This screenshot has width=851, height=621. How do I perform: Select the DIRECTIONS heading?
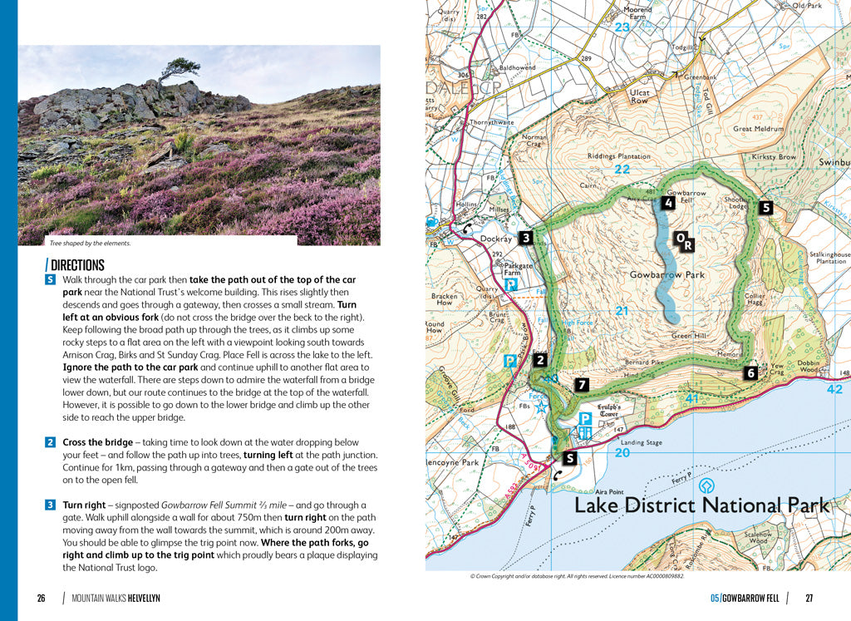coord(76,265)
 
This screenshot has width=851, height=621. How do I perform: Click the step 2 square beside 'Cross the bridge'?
coord(50,442)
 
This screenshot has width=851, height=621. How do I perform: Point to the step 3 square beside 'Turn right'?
coord(50,505)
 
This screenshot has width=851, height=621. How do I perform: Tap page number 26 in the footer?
coord(41,598)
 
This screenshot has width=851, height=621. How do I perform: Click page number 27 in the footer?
coord(809,598)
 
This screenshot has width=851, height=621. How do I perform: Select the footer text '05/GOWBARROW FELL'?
coord(744,598)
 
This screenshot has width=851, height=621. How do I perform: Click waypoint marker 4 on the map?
coord(668,202)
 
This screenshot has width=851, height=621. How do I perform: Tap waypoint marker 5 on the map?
coord(765,208)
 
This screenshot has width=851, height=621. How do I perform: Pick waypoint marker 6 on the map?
coord(750,373)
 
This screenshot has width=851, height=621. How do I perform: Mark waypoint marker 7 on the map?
coord(582,384)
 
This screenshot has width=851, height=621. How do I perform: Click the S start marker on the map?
coord(569,457)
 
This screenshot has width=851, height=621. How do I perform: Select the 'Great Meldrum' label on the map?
coord(758,129)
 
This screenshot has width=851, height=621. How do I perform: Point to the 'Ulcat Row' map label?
coord(639,96)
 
